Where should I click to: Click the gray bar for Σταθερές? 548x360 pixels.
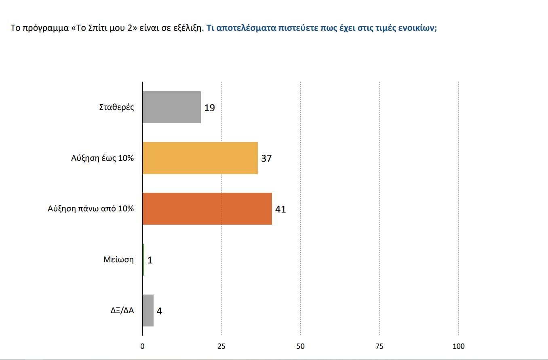point(172,107)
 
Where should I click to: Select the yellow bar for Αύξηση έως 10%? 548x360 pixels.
point(200,158)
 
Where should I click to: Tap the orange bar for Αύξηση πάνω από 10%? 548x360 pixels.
point(207,209)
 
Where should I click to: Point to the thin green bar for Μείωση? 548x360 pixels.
point(143,260)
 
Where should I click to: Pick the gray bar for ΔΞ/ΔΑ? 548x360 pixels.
point(148,310)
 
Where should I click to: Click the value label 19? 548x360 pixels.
point(209,108)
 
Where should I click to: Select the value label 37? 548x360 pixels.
point(266,158)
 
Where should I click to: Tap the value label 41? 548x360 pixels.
point(280,209)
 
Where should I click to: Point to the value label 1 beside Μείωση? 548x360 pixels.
point(150,260)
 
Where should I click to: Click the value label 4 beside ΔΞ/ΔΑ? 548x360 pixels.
point(159,311)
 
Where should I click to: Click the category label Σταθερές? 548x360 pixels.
point(116,107)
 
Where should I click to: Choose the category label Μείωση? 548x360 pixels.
point(118,260)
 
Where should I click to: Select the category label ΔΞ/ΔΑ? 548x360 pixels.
point(122,311)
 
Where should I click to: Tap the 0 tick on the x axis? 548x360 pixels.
point(142,346)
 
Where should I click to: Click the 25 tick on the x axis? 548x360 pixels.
point(221,346)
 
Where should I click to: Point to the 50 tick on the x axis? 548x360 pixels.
point(300,346)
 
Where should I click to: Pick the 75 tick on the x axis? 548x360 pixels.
point(379,346)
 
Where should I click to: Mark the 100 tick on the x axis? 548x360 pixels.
point(459,346)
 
